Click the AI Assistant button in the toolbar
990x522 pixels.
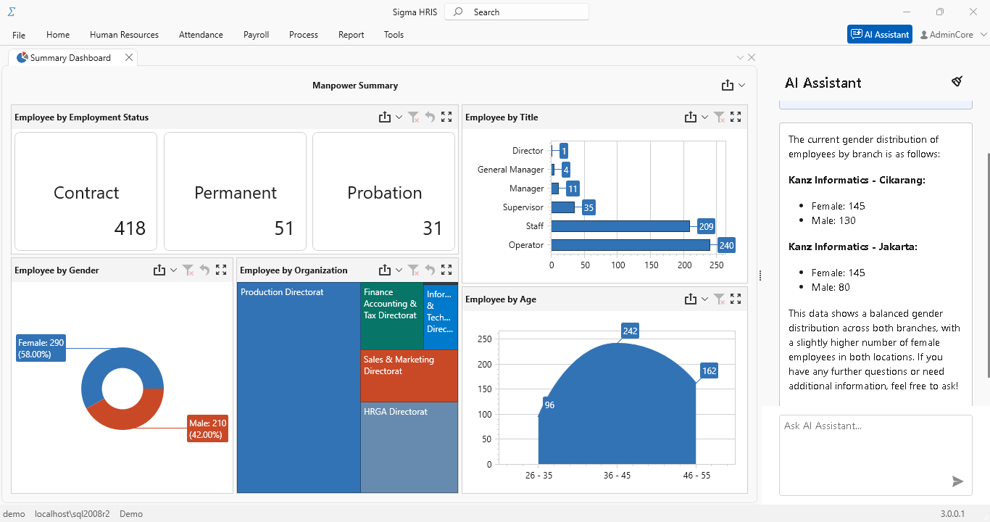point(879,35)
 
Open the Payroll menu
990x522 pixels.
point(256,35)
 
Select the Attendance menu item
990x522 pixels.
point(201,35)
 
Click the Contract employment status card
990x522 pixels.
point(86,192)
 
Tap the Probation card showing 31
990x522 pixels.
point(383,192)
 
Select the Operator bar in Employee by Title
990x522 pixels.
point(631,245)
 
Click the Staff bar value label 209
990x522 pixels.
point(706,226)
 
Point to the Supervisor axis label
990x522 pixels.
point(523,207)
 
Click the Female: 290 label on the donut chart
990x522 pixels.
point(41,348)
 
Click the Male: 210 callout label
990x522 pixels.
point(207,428)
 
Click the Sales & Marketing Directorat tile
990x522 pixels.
point(409,376)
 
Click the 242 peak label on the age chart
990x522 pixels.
point(630,331)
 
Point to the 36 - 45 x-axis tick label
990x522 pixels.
point(617,476)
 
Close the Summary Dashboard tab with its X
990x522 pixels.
point(129,58)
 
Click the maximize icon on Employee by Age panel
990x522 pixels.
point(736,299)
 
